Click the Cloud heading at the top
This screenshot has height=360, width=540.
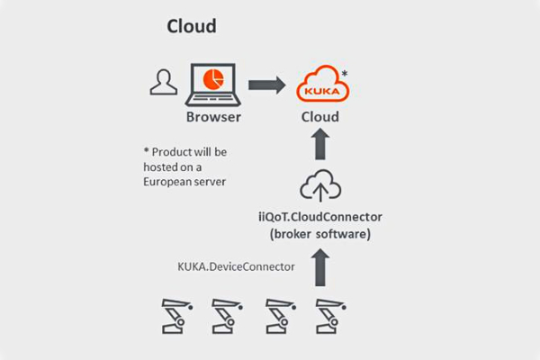(x=192, y=26)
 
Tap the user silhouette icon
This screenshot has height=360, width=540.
(x=162, y=83)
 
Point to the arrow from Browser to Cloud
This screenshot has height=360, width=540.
(x=265, y=85)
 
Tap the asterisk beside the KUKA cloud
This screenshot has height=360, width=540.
(x=346, y=70)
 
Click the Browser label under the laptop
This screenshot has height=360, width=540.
(x=214, y=117)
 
